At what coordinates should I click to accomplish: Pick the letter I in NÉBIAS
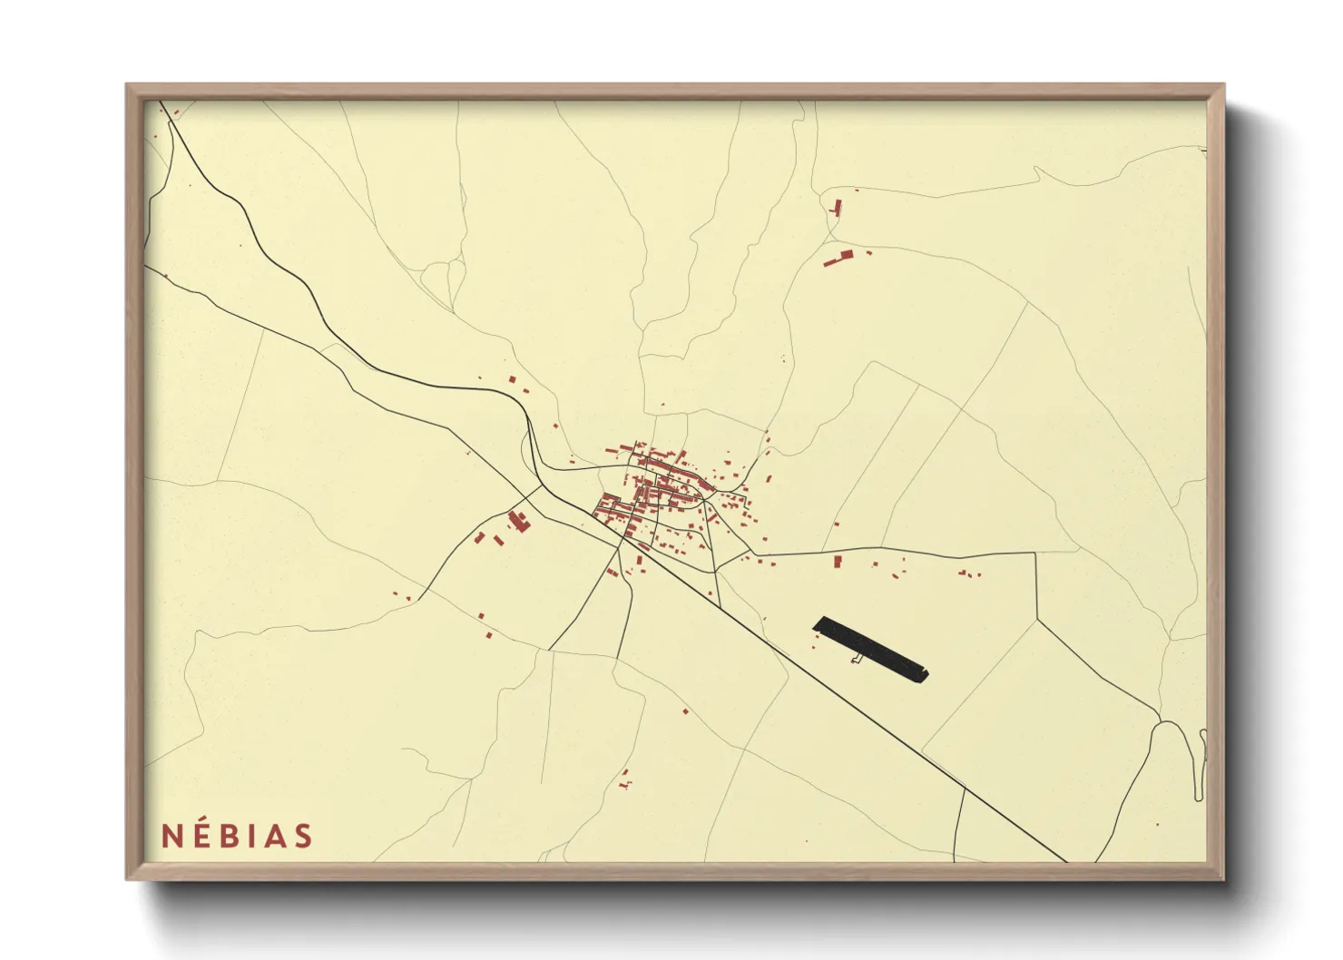click(x=254, y=837)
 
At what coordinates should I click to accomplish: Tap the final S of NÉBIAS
click(x=303, y=837)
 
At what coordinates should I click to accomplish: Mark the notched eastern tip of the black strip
click(x=925, y=674)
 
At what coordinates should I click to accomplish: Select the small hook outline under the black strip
click(x=856, y=658)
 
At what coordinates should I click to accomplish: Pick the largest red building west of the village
click(x=518, y=521)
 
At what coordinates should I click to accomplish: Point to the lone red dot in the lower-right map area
click(x=1157, y=825)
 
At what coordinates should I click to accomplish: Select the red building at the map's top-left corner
click(x=175, y=113)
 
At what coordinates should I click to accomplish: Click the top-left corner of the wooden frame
click(x=127, y=85)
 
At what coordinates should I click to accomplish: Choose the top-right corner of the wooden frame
click(x=1223, y=85)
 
